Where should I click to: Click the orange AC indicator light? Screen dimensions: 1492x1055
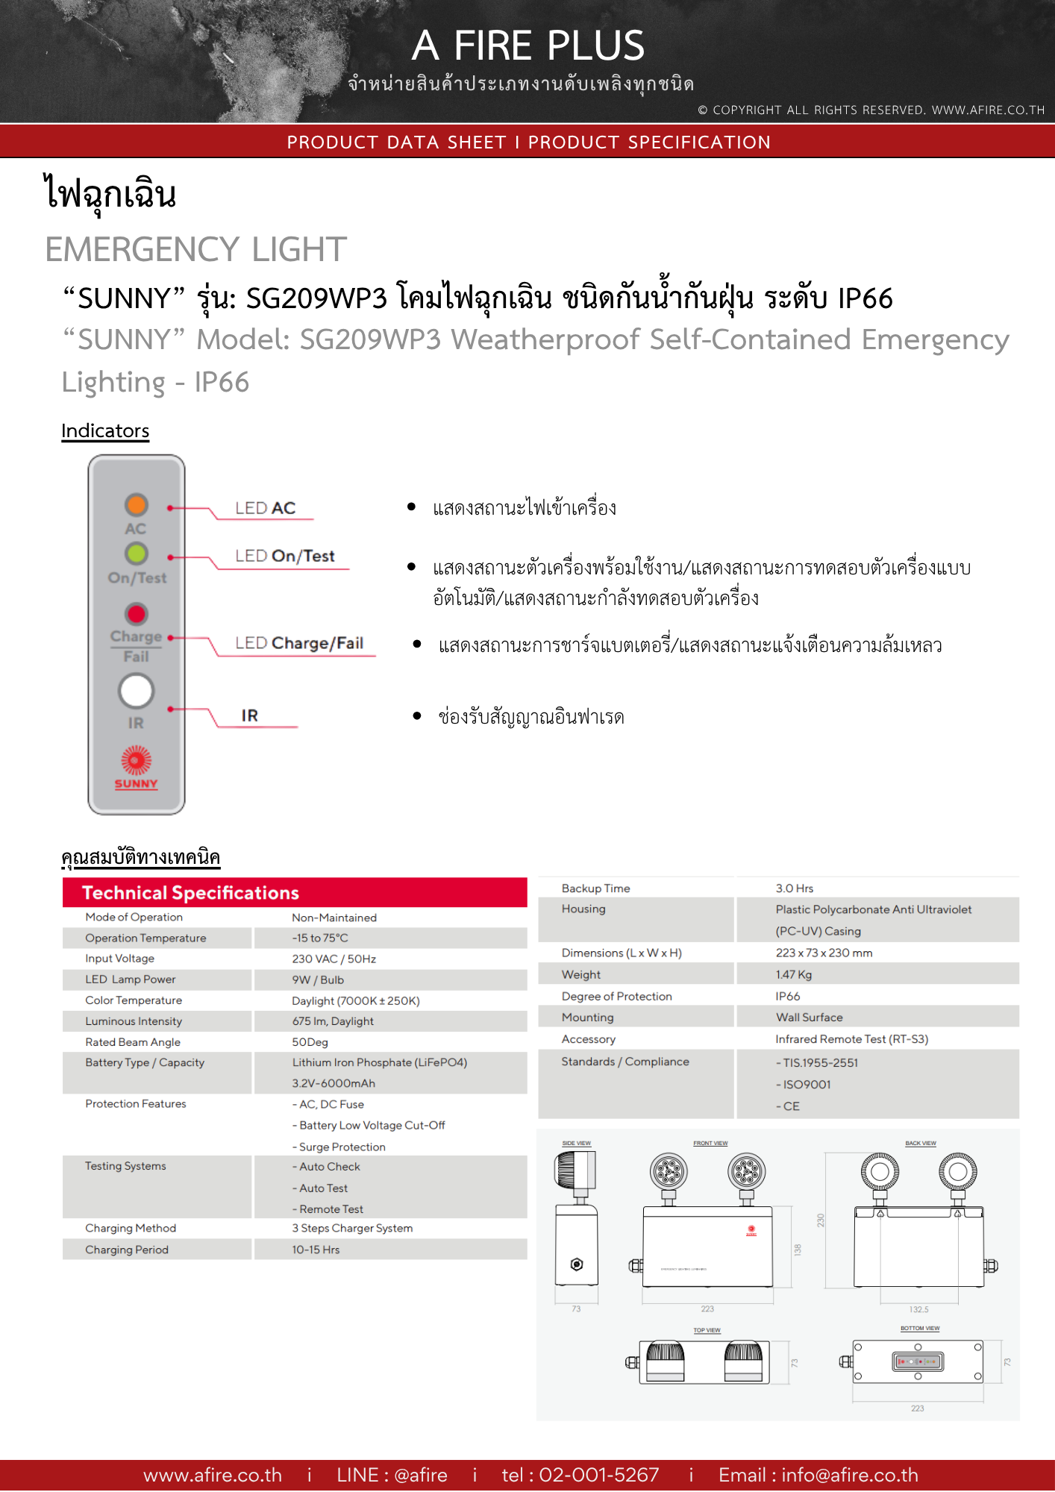pos(136,505)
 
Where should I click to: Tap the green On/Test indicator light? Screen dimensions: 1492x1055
pos(136,554)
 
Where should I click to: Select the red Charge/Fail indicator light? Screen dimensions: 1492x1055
pos(136,614)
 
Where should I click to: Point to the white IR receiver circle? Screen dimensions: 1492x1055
pos(136,691)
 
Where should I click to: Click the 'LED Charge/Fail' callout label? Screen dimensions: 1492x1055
pos(299,643)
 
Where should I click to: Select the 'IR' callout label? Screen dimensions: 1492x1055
pos(250,715)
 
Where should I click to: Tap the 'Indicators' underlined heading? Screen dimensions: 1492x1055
pos(105,431)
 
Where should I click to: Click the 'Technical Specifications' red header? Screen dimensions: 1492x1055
pos(190,893)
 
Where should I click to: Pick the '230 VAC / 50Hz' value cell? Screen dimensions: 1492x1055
pos(334,959)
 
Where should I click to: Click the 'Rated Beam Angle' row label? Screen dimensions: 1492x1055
pos(133,1042)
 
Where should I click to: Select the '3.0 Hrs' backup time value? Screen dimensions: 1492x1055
pos(794,888)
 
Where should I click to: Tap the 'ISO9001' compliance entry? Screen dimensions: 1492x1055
pos(806,1085)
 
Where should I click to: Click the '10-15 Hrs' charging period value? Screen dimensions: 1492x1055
pos(316,1250)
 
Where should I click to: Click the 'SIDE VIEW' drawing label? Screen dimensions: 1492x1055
pos(576,1144)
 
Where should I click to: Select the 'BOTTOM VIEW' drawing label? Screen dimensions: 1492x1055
pos(920,1329)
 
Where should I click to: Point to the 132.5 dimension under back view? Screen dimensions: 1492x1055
pos(918,1310)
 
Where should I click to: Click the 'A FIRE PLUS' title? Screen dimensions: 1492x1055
pos(527,46)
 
